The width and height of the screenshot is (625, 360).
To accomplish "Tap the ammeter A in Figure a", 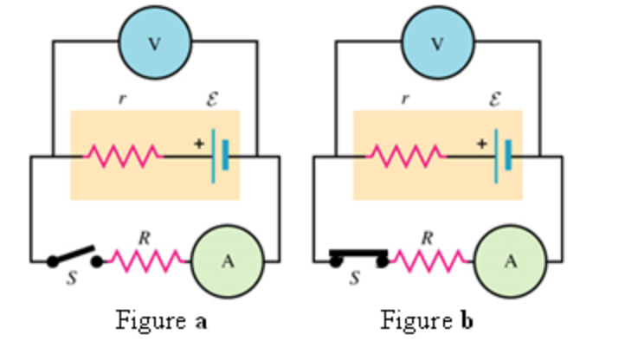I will [x=227, y=260].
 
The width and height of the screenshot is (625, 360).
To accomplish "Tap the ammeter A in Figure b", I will [x=510, y=260].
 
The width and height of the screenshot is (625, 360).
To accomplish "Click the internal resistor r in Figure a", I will [x=123, y=157].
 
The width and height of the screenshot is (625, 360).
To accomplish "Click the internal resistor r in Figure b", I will [x=406, y=157].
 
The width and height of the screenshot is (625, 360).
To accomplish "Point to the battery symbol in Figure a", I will [x=220, y=157].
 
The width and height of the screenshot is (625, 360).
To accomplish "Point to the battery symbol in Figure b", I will [x=503, y=157].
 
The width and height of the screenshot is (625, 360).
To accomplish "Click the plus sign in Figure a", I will [x=198, y=144].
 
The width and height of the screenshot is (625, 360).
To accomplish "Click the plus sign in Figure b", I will [x=481, y=144].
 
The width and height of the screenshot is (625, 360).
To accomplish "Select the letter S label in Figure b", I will [x=353, y=280].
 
